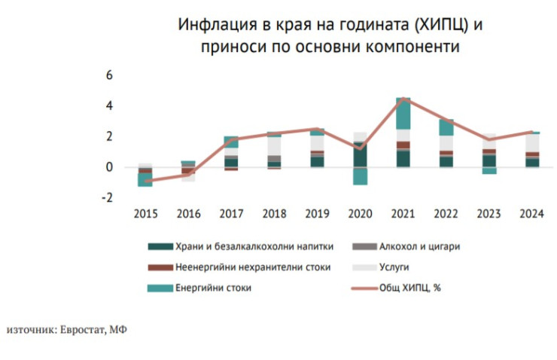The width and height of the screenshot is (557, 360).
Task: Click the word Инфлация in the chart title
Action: [x=209, y=25]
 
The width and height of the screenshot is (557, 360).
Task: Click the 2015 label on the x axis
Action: [x=145, y=214]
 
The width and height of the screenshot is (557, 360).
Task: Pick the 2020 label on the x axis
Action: [x=360, y=214]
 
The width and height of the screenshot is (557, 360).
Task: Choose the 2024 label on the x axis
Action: [x=531, y=214]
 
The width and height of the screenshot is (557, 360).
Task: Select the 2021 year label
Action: [x=403, y=214]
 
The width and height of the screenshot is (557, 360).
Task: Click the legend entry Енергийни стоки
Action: [x=210, y=287]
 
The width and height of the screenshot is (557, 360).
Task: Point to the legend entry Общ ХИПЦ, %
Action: [x=409, y=287]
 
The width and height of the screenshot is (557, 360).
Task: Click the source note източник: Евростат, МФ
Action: [x=67, y=330]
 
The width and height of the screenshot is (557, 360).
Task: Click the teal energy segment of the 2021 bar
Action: [x=403, y=114]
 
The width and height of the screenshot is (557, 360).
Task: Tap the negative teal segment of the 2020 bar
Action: [x=360, y=176]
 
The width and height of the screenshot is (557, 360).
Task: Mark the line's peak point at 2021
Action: [x=403, y=99]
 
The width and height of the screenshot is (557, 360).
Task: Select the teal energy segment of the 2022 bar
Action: [x=446, y=127]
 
